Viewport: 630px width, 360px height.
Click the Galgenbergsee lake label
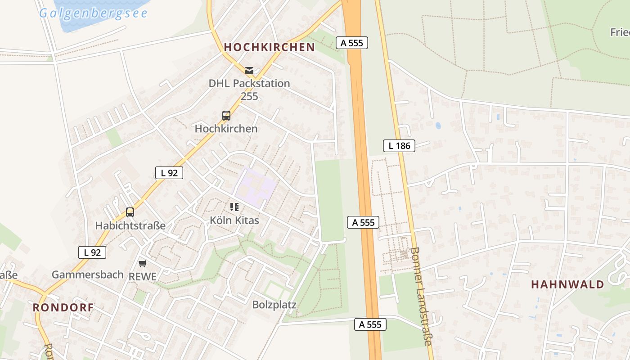click(x=93, y=13)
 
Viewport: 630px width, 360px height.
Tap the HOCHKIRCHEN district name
click(x=269, y=47)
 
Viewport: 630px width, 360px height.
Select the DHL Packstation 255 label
click(x=249, y=90)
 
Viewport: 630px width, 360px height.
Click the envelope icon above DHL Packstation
click(x=249, y=71)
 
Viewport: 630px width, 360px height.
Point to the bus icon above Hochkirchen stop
click(x=226, y=116)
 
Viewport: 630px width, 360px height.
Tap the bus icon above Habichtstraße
click(x=130, y=212)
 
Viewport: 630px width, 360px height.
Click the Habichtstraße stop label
click(x=130, y=225)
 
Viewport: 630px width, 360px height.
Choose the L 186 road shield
click(x=399, y=145)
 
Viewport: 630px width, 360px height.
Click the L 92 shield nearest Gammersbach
click(x=92, y=252)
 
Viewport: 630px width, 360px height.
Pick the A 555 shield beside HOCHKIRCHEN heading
click(x=352, y=43)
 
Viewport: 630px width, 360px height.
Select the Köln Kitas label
click(x=234, y=220)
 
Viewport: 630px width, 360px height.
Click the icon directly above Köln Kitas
click(x=234, y=207)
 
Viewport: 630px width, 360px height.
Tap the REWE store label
click(x=143, y=277)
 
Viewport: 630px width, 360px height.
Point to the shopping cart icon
click(x=143, y=263)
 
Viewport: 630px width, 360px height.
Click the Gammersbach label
click(x=87, y=274)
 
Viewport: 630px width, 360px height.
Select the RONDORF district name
click(x=63, y=308)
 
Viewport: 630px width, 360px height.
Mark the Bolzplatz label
click(x=274, y=305)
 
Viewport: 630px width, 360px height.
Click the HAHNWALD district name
click(x=567, y=284)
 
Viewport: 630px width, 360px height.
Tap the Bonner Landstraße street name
click(x=421, y=296)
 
